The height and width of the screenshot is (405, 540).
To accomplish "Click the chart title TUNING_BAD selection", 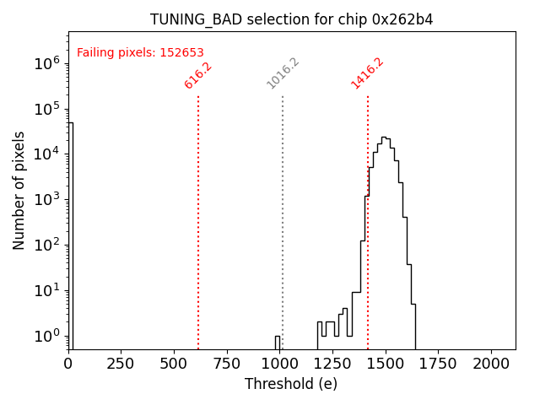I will tap(291, 19).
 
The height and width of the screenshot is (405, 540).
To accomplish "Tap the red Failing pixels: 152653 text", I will tap(140, 52).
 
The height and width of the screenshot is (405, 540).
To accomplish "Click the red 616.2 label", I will tap(198, 75).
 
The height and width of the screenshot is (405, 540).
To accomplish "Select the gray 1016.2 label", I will tap(283, 73).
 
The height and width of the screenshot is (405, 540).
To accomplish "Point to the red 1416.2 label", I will tap(368, 73).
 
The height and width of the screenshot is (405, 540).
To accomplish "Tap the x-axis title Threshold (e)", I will tap(291, 384).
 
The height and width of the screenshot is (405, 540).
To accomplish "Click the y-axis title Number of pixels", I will tap(19, 190).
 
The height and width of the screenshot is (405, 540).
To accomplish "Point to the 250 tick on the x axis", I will tap(121, 362).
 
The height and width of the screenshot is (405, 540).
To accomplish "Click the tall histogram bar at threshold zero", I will tap(71, 236).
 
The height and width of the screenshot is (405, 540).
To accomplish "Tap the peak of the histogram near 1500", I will tap(384, 138).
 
